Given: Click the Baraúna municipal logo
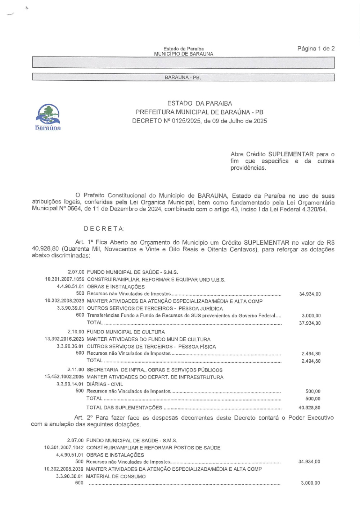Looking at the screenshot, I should click(x=48, y=117).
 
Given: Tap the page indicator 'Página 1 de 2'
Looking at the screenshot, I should click(x=316, y=49).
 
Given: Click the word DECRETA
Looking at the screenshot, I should click(x=104, y=229).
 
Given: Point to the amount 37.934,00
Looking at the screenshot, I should click(x=310, y=323).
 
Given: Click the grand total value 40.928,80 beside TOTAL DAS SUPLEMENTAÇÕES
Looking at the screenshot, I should click(x=309, y=408).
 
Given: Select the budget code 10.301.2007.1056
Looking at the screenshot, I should click(x=64, y=279).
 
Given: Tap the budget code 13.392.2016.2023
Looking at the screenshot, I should click(x=64, y=339).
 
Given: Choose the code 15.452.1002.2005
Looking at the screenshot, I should click(x=64, y=377).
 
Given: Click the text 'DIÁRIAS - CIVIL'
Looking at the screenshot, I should click(x=104, y=384).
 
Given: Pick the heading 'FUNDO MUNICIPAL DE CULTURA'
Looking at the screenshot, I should click(x=126, y=332).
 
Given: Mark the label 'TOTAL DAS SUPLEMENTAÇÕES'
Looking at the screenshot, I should click(x=124, y=408).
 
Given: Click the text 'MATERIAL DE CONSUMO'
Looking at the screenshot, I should click(x=116, y=476).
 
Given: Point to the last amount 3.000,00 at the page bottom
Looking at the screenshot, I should click(x=310, y=483).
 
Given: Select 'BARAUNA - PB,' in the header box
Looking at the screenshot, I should click(x=183, y=77).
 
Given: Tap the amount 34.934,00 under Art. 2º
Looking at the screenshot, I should click(x=309, y=461).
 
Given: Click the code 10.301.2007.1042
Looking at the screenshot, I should click(x=64, y=448).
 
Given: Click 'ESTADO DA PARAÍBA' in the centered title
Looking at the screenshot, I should click(x=199, y=103).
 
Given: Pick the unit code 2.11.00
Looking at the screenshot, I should click(x=76, y=369).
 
